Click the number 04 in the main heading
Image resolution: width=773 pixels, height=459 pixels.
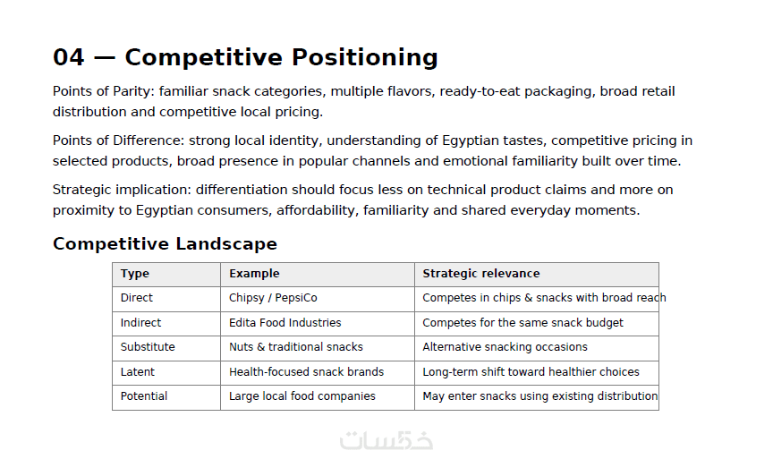[69, 57]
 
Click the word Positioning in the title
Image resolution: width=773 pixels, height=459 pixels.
[365, 58]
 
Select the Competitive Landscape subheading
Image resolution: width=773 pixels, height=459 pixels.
[166, 244]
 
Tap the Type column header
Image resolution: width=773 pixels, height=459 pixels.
[135, 274]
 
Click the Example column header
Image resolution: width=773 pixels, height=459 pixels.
[254, 274]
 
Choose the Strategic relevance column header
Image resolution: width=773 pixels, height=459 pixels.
[481, 274]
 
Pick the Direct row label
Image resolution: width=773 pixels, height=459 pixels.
[137, 298]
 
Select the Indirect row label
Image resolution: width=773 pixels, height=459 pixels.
[140, 322]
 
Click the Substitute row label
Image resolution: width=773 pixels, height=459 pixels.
[148, 347]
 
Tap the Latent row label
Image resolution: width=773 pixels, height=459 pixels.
[138, 371]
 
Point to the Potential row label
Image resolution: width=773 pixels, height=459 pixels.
[144, 395]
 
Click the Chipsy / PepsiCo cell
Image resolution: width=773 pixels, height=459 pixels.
[273, 298]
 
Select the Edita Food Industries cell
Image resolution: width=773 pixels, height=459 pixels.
[285, 322]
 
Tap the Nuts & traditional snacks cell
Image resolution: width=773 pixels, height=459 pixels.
[296, 347]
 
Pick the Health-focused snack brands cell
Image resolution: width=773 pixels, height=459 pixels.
[307, 371]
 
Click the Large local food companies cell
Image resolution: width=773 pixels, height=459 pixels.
[302, 396]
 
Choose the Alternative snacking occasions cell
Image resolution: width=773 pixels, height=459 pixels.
[505, 347]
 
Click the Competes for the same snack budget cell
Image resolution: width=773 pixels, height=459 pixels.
[522, 323]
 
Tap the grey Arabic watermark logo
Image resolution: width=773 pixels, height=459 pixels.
[386, 440]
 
